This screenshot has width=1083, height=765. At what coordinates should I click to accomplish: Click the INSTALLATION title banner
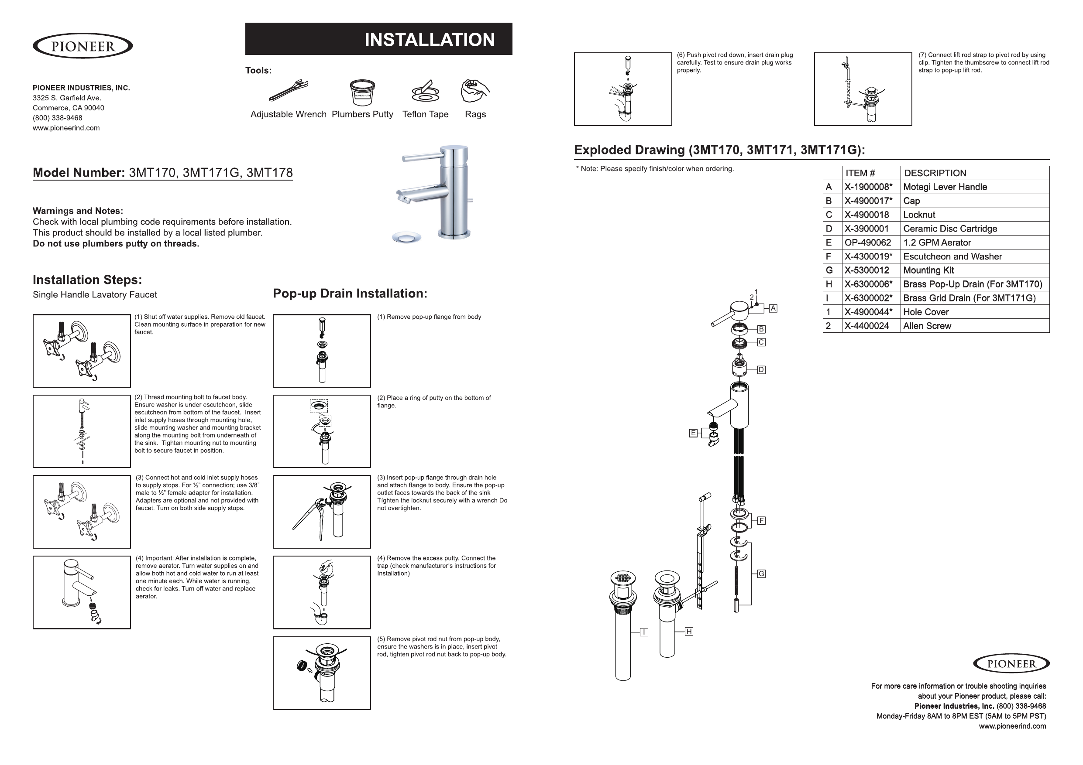coord(379,39)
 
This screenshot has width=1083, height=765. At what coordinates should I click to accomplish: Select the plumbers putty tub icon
coord(362,92)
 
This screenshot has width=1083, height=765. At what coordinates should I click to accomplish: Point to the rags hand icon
coord(474,90)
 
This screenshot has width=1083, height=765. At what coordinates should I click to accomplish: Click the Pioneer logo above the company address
coord(83,46)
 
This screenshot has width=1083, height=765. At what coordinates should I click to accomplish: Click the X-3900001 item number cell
coord(871,229)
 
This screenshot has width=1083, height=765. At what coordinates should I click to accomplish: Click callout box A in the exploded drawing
coord(773,308)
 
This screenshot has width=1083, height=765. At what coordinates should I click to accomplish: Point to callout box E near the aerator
coord(693,433)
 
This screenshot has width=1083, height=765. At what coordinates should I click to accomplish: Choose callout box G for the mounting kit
coord(761,574)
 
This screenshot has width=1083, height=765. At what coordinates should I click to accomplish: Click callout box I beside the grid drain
coord(644,632)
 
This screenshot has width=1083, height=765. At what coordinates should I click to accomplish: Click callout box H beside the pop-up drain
coord(689,632)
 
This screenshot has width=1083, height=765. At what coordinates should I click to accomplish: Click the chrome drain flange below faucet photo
coord(406,237)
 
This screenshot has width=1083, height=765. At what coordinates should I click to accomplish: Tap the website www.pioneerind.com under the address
coord(66,128)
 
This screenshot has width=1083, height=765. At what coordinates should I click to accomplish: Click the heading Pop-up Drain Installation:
coord(350,294)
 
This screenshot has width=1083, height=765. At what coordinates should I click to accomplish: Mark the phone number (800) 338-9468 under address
coord(58,118)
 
